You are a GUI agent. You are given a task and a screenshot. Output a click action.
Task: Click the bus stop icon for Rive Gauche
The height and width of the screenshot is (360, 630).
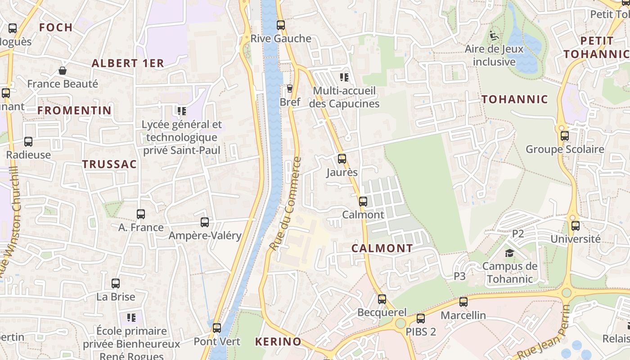click(281, 25)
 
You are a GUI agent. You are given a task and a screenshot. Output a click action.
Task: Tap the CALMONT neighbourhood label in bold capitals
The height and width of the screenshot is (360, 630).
click(382, 248)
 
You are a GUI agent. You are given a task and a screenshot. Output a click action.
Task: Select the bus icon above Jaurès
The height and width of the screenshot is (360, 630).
click(342, 159)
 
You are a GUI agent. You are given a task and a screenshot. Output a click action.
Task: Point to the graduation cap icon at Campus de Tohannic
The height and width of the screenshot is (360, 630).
click(509, 253)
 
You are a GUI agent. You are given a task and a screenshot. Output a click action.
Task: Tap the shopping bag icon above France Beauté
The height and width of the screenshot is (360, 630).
click(63, 71)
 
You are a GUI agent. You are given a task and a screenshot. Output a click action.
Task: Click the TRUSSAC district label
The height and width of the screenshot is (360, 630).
click(109, 164)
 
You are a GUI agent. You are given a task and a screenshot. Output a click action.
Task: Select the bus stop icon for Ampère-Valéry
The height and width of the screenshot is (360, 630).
click(205, 222)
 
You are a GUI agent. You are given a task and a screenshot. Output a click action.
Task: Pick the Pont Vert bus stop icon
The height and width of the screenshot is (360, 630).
click(217, 328)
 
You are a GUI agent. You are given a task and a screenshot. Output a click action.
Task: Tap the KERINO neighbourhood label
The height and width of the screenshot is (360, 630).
click(278, 342)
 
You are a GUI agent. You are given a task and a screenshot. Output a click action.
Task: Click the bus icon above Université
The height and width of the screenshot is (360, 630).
click(575, 226)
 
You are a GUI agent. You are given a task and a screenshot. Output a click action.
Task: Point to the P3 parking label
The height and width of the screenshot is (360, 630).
click(459, 276)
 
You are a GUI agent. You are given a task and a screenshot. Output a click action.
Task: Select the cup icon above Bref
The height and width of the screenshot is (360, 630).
click(290, 88)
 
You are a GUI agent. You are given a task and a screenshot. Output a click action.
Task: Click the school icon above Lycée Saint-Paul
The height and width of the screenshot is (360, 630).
click(182, 111)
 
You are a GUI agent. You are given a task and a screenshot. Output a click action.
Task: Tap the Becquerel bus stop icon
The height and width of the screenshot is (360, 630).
click(382, 299)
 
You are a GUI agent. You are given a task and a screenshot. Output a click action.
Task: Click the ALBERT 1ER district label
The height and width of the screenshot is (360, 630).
click(128, 63)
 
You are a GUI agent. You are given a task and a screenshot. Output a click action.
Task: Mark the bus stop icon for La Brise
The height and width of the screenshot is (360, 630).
click(116, 283)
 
